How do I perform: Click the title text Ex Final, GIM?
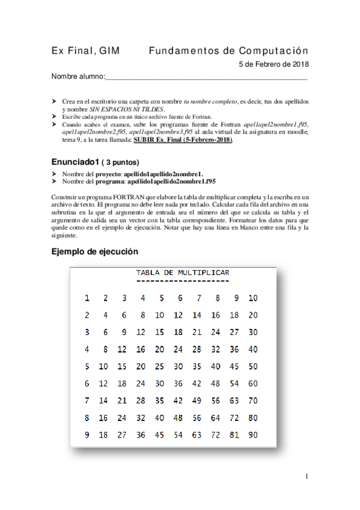pos(85,51)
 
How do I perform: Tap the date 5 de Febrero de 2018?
pos(273,64)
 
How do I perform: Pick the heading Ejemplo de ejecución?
pos(94,251)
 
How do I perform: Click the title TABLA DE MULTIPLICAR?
pos(183,272)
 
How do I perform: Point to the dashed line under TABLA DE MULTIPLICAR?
pos(183,281)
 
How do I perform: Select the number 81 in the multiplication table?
pos(234,435)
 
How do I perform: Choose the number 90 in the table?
pos(253,435)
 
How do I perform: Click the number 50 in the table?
pos(253,366)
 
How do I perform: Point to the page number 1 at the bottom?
pos(306,477)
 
